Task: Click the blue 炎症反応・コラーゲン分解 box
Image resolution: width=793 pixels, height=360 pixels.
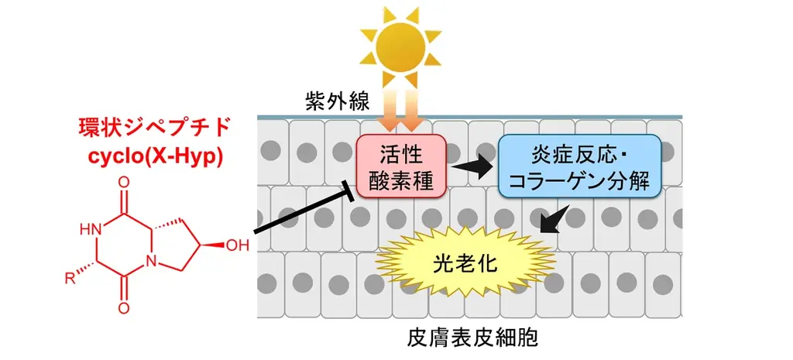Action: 578,166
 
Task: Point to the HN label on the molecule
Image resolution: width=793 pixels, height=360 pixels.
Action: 91,229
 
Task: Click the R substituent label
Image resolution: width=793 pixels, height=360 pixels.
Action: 70,277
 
